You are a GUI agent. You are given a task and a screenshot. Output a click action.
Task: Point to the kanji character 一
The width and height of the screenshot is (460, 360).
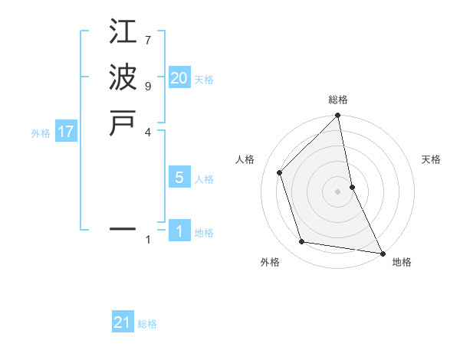(x=123, y=228)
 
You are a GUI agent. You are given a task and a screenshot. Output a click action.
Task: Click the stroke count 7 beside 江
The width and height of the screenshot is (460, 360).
(x=148, y=39)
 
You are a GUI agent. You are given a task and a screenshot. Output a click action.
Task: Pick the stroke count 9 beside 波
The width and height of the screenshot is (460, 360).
(x=148, y=85)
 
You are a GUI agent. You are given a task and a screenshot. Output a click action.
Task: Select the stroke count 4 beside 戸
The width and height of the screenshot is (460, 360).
(x=148, y=131)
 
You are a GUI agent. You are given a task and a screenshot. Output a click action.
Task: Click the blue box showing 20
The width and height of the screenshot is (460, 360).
(x=179, y=78)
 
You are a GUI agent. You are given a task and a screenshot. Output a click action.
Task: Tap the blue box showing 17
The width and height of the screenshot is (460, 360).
(x=66, y=132)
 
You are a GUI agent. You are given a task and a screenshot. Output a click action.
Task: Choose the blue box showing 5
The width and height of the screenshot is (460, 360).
(x=179, y=178)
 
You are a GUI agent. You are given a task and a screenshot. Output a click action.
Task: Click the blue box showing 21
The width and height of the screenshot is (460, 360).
(x=123, y=322)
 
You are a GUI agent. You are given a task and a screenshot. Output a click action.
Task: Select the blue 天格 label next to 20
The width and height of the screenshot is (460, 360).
(x=204, y=80)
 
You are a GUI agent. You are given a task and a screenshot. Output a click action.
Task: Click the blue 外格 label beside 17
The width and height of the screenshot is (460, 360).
(x=41, y=133)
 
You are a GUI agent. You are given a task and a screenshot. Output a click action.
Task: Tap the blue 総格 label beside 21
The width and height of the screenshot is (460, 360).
(x=147, y=324)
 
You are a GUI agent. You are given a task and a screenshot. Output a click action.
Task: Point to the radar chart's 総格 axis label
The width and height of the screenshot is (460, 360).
(x=338, y=100)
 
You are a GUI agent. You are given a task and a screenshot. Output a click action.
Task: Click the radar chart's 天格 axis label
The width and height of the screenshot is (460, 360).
(x=432, y=159)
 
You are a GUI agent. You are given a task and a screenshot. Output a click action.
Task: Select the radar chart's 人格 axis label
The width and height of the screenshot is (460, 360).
(x=245, y=159)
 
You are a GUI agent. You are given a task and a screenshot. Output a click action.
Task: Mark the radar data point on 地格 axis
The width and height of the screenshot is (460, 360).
(x=382, y=253)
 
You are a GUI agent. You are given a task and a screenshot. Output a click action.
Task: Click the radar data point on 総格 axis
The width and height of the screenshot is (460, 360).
(x=338, y=116)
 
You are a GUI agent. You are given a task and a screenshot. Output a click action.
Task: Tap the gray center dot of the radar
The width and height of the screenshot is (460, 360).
(x=338, y=191)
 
